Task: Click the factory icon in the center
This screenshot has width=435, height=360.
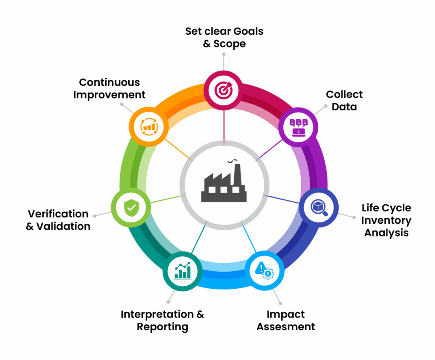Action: [223, 183]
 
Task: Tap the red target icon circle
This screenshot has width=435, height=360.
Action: [223, 90]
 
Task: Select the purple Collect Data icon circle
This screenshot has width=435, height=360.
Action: [298, 127]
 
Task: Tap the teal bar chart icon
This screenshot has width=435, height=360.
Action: [182, 271]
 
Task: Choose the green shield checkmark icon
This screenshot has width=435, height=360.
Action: [130, 208]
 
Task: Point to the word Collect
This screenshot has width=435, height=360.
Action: [344, 94]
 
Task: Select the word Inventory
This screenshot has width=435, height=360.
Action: [387, 220]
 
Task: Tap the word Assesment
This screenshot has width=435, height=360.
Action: [286, 326]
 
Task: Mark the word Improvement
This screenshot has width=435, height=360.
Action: [110, 94]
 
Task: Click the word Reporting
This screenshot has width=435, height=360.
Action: [162, 326]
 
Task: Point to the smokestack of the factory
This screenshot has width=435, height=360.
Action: [237, 174]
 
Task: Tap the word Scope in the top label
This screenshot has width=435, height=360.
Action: [230, 44]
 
